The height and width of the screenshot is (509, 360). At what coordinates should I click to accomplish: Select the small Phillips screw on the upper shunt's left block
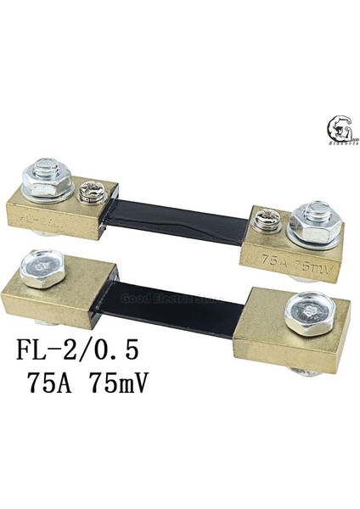87,195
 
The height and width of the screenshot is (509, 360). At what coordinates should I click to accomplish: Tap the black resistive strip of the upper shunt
177,217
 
